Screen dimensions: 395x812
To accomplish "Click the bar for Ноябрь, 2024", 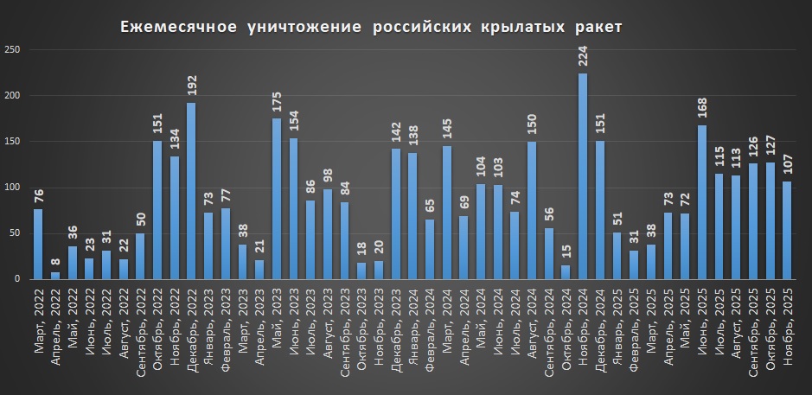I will click(x=582, y=176).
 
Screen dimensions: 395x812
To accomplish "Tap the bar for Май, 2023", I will click(x=277, y=199).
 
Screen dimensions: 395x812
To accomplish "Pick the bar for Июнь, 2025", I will click(x=701, y=202).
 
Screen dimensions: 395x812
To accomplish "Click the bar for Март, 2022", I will click(x=38, y=244).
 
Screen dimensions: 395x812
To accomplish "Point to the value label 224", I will click(x=582, y=57).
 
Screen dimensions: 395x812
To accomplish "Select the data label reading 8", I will click(x=55, y=262).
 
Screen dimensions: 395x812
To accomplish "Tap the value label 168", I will click(x=701, y=109).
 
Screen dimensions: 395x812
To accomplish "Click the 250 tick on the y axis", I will click(x=13, y=50).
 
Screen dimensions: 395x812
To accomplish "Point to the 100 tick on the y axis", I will click(x=13, y=188).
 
